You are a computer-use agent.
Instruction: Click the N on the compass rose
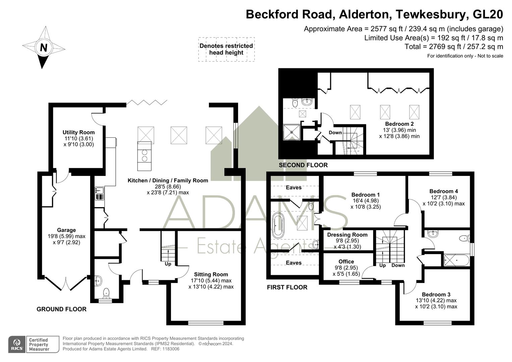point(44,48)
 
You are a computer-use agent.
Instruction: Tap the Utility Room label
point(79,132)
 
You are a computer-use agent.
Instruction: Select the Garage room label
point(66,230)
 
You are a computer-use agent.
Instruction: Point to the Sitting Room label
point(211,274)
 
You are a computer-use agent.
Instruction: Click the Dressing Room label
point(347,235)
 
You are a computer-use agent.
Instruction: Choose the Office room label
point(346,261)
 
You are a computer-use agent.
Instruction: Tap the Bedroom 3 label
point(436,294)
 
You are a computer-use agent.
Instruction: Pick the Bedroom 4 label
point(444,191)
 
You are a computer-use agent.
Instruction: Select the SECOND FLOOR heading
point(303,165)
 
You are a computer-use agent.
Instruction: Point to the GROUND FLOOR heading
point(61,309)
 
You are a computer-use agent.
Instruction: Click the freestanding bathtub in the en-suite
point(278,226)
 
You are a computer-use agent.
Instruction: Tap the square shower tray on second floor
point(291,132)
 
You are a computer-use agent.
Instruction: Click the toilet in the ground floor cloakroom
point(106,293)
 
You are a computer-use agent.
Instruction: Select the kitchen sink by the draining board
point(99,190)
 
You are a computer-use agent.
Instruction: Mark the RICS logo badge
point(17,344)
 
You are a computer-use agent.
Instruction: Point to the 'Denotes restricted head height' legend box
point(226,49)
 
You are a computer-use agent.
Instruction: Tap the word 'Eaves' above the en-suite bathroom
point(294,188)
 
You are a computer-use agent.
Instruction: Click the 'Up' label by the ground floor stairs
point(168,264)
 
